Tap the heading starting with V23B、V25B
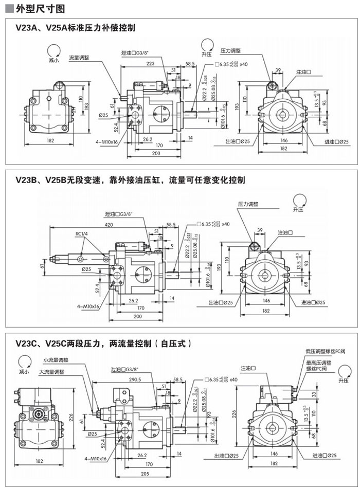pos(130,180)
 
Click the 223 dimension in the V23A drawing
pos(151,63)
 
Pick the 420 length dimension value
pos(109,225)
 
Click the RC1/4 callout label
pos(82,234)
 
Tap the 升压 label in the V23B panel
pos(298,210)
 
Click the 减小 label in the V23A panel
pos(53,60)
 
